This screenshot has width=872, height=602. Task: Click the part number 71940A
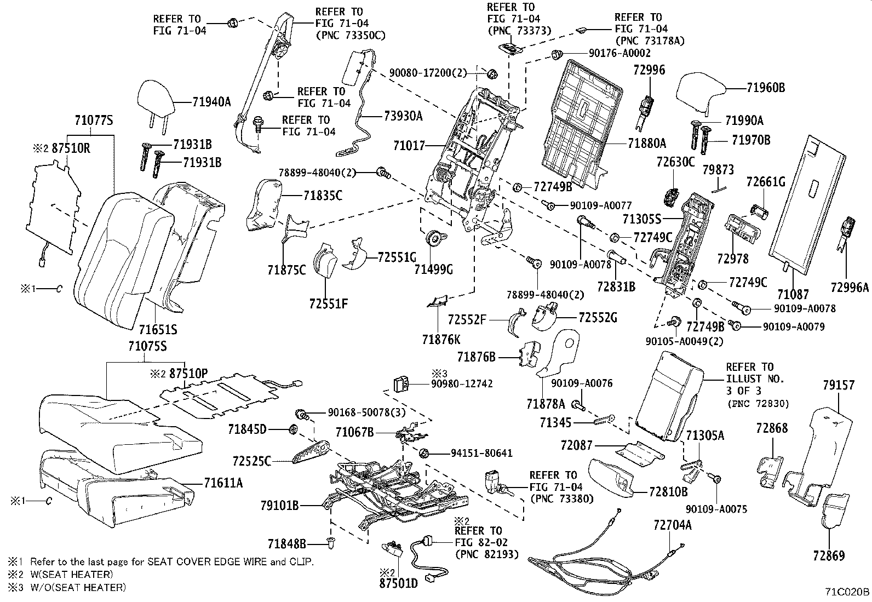tap(211, 101)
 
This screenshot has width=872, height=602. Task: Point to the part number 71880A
tap(647, 144)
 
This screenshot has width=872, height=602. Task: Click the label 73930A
tap(403, 116)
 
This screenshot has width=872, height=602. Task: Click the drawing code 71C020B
tap(847, 593)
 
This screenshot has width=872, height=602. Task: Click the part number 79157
tap(838, 386)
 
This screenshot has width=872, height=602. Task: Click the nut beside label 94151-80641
tap(423, 453)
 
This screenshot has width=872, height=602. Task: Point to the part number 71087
tap(793, 294)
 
